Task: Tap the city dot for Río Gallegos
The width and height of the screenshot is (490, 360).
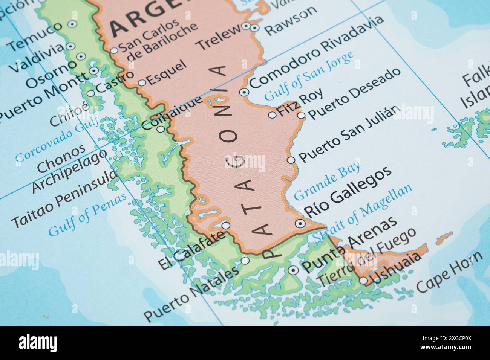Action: pos(300,223)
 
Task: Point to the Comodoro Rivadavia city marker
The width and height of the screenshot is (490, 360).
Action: pos(245,92)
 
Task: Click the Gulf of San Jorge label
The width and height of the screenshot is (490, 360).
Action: pos(309,75)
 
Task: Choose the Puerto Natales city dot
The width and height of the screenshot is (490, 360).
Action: pos(245,261)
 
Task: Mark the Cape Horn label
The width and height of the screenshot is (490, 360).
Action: pos(449,272)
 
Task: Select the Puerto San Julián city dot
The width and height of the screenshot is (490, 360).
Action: pos(291,160)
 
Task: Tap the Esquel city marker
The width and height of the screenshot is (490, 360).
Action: pos(142,83)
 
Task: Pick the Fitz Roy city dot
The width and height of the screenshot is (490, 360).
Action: pos(272,115)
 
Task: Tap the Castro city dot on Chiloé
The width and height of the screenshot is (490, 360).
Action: pos(91,93)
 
